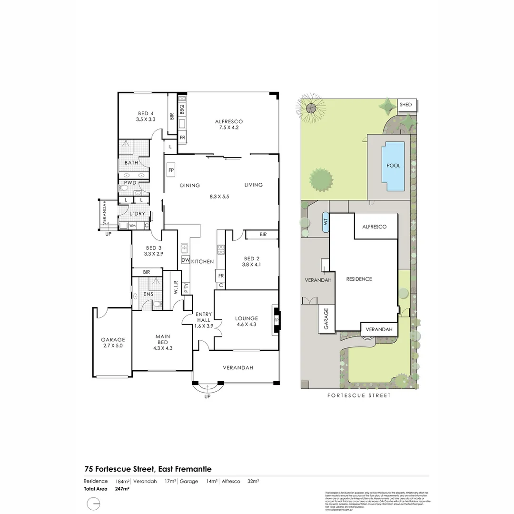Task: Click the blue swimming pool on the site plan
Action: pyautogui.click(x=394, y=166)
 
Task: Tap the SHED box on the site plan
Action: pyautogui.click(x=406, y=105)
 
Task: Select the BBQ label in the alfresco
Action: pyautogui.click(x=182, y=110)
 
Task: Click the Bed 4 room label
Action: pyautogui.click(x=146, y=116)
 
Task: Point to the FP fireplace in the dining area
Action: pyautogui.click(x=171, y=170)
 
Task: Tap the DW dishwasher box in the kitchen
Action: pyautogui.click(x=185, y=260)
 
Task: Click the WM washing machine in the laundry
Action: pyautogui.click(x=133, y=225)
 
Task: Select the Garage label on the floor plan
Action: pyautogui.click(x=113, y=343)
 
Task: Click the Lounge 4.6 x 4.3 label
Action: pyautogui.click(x=247, y=321)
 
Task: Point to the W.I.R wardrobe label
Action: pyautogui.click(x=176, y=287)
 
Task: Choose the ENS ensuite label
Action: pyautogui.click(x=148, y=294)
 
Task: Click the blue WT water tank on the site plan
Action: pyautogui.click(x=326, y=222)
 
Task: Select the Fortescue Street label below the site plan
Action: pyautogui.click(x=359, y=395)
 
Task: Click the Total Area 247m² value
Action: pyautogui.click(x=122, y=489)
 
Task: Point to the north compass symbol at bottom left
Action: pyautogui.click(x=94, y=504)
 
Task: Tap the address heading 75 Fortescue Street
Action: pyautogui.click(x=148, y=469)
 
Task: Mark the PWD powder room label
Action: pyautogui.click(x=130, y=183)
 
